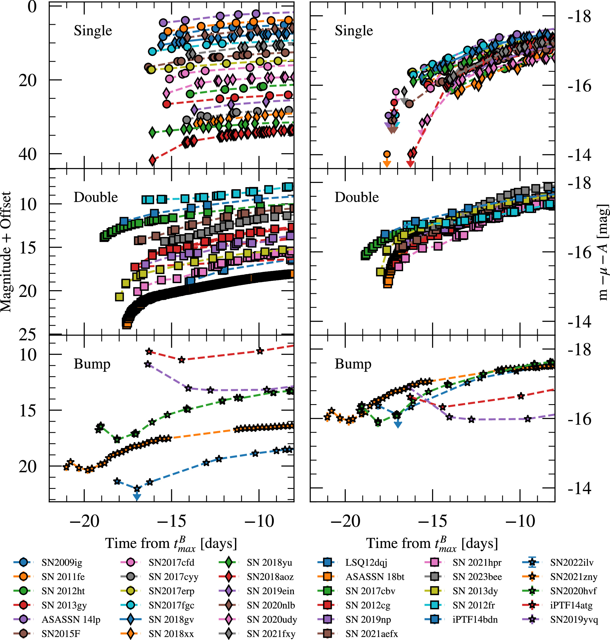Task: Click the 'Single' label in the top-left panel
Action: (93, 31)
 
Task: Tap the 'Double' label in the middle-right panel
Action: (357, 197)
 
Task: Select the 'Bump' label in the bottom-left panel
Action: (92, 364)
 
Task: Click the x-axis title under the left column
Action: (171, 544)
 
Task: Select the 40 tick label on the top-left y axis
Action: (27, 154)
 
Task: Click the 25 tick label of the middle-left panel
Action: (27, 334)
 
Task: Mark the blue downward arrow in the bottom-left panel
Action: (137, 496)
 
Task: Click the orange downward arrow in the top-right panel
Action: (387, 163)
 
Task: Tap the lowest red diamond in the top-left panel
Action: (152, 160)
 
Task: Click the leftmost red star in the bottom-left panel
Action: (149, 352)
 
